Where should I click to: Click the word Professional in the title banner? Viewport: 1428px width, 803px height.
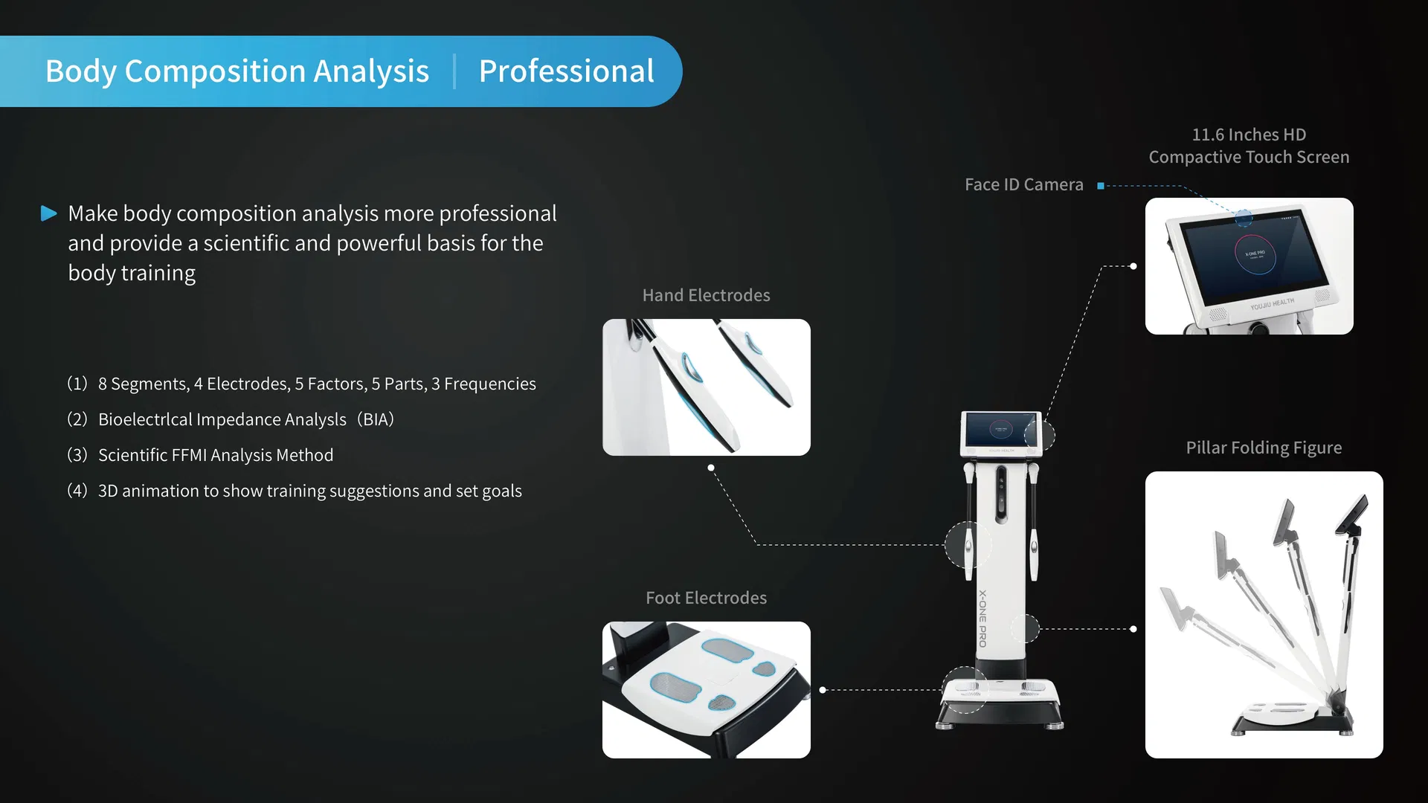pos(566,71)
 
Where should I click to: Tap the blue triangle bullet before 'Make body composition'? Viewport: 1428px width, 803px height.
pos(49,214)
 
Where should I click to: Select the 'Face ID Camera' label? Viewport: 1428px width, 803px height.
pos(1023,185)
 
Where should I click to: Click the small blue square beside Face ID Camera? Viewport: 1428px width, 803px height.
pos(1101,186)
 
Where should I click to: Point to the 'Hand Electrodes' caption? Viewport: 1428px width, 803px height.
pos(706,296)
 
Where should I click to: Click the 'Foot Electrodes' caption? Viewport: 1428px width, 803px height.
pos(706,599)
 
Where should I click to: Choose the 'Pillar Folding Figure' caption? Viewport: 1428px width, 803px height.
pos(1264,448)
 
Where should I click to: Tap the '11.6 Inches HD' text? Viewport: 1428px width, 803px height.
pos(1249,135)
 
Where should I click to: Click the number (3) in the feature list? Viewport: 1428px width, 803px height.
pos(77,455)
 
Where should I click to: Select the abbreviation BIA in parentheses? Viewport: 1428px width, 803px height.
pos(376,419)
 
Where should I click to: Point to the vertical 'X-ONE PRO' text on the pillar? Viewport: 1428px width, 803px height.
pos(982,619)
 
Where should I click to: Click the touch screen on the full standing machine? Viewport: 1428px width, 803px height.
pos(1000,430)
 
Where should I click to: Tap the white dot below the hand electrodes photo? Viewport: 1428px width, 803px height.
pos(711,468)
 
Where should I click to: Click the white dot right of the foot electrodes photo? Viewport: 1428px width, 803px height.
pos(823,690)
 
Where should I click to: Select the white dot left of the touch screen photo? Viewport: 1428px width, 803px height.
pos(1133,266)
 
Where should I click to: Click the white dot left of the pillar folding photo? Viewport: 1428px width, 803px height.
pos(1133,629)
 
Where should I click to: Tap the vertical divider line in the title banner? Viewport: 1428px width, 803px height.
pos(454,71)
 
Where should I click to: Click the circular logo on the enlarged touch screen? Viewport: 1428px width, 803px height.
pos(1255,255)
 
